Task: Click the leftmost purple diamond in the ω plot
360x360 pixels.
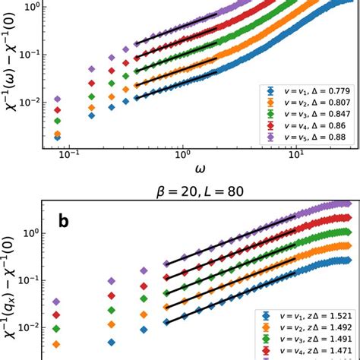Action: pyautogui.click(x=58, y=99)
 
